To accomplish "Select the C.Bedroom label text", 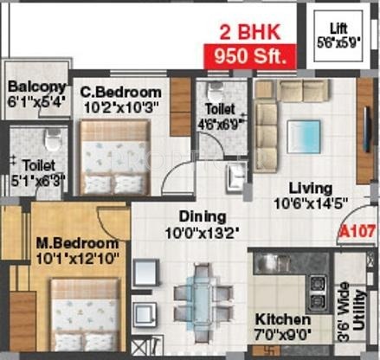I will click(120, 92).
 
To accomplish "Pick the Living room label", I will click(310, 188).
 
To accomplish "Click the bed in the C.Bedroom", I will click(114, 156).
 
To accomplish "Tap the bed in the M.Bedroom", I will click(84, 312).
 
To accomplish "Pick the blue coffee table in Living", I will click(304, 136).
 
